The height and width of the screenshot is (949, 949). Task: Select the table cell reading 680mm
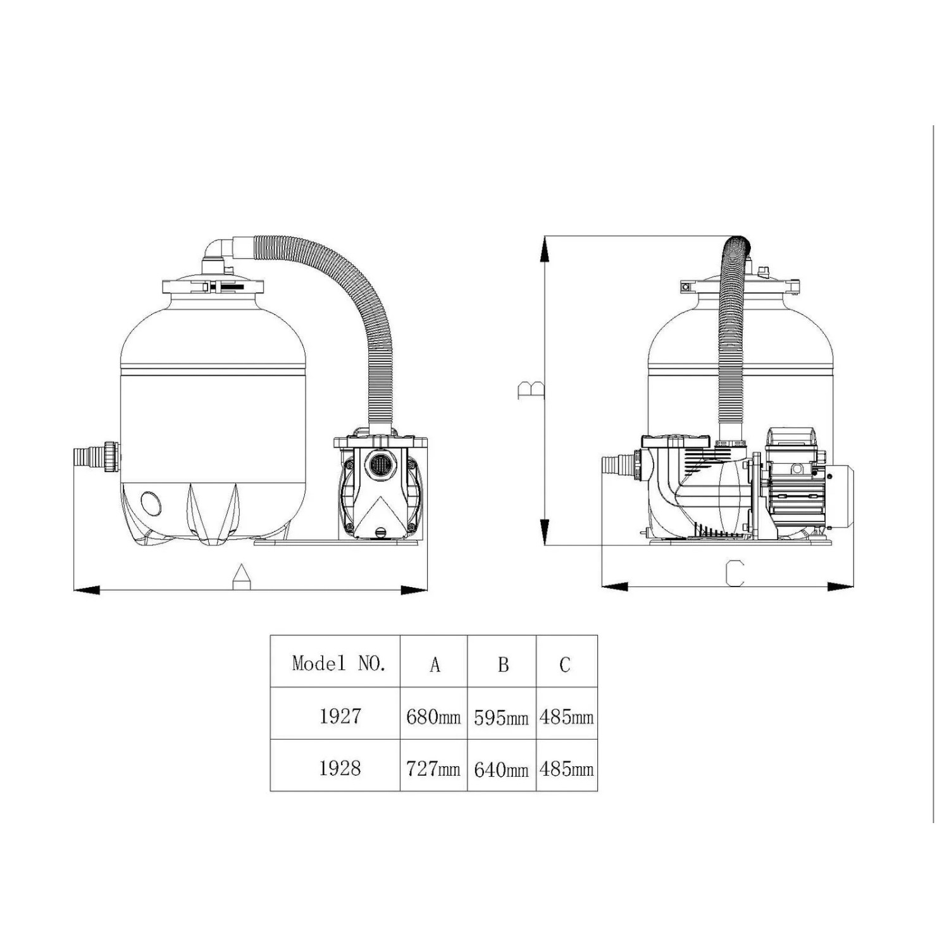point(433,716)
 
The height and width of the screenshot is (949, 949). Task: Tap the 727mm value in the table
point(433,768)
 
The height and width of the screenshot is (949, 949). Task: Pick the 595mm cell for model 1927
point(501,717)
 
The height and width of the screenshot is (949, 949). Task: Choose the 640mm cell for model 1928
point(501,769)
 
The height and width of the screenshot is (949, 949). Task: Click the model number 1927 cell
point(340,716)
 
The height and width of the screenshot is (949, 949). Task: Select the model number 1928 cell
point(340,767)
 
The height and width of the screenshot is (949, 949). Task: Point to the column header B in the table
point(503,664)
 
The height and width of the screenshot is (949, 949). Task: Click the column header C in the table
point(565,664)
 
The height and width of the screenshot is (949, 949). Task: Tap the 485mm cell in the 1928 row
point(566,769)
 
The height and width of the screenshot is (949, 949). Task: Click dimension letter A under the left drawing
point(241,576)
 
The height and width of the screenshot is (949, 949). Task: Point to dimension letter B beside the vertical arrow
point(530,390)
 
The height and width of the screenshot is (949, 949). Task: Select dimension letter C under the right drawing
point(734,573)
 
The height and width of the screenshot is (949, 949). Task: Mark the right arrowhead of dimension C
point(841,586)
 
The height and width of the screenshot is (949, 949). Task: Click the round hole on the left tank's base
point(151,504)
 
